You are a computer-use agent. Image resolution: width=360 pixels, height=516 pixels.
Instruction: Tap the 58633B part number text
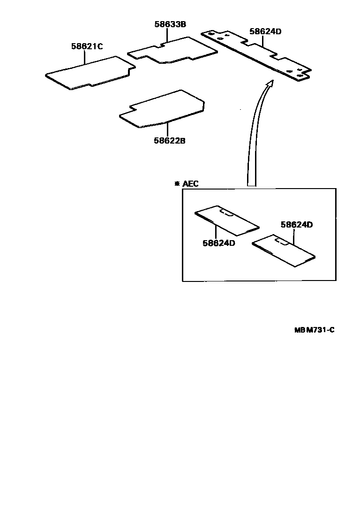[170, 24]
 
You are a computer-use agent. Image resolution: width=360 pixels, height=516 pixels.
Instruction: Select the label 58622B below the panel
[169, 140]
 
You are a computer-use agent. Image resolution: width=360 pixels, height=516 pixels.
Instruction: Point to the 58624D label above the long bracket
[265, 31]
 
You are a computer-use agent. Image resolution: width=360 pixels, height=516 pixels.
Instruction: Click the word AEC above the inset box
[190, 183]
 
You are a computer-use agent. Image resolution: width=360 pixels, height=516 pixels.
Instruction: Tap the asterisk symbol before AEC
[177, 183]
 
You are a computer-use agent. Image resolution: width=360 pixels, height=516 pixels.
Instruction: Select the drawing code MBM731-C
[314, 330]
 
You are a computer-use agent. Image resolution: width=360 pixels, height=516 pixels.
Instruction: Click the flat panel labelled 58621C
[89, 73]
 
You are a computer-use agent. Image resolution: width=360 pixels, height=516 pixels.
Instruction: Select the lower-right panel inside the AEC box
[284, 250]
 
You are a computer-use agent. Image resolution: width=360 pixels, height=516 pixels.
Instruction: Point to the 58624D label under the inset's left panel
[218, 243]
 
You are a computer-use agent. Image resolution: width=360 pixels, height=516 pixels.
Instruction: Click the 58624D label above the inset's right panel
[296, 225]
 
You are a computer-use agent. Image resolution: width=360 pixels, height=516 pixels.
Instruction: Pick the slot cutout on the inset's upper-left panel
[228, 213]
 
